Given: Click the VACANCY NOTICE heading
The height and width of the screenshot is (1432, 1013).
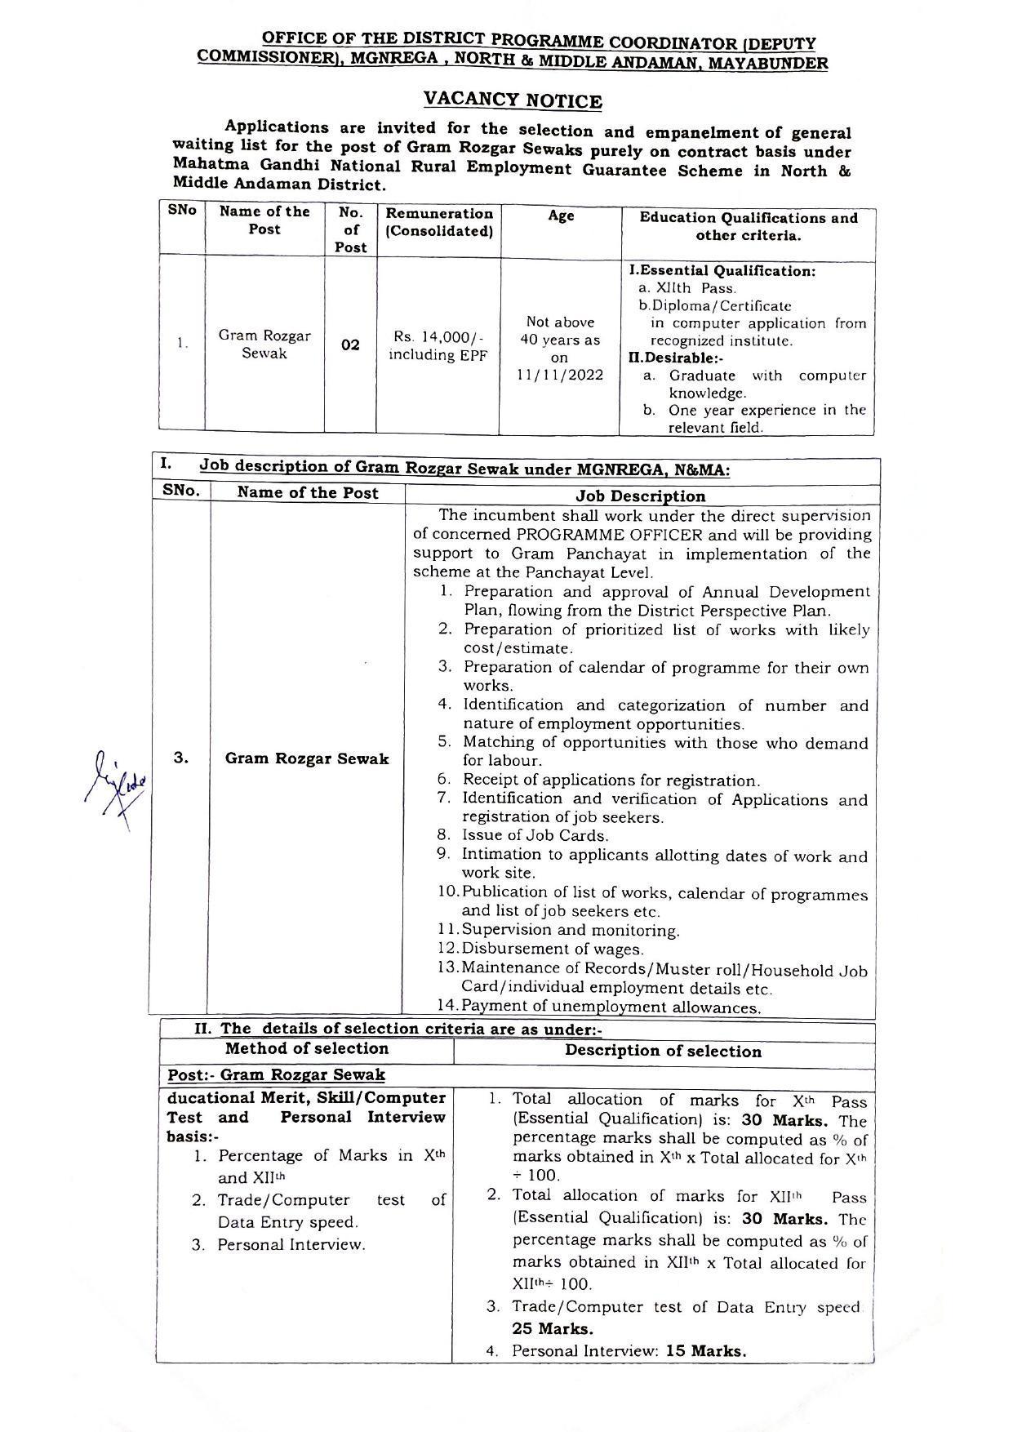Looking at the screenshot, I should click(513, 100).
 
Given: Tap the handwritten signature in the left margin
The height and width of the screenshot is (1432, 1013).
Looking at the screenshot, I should click(117, 787).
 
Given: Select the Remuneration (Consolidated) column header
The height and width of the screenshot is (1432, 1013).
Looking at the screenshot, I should click(439, 222).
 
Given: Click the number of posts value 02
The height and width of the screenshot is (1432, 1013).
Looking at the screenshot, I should click(350, 345).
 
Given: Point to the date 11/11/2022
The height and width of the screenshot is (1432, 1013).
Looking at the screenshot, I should click(560, 376).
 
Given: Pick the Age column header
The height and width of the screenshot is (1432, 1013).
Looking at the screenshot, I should click(561, 216).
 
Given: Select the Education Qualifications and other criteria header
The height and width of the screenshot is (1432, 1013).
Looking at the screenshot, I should click(748, 226).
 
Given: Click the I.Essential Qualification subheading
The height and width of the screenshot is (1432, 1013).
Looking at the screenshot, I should click(722, 270).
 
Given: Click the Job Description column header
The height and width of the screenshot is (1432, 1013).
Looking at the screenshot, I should click(641, 496).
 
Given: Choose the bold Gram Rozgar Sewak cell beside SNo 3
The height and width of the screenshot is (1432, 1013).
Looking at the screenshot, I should click(307, 758).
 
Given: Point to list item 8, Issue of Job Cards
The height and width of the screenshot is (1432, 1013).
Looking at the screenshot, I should click(535, 835).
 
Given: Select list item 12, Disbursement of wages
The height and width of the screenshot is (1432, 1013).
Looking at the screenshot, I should click(552, 949).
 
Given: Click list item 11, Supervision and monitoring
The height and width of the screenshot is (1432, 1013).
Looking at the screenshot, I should click(570, 930).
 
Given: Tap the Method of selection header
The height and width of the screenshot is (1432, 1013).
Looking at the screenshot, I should click(307, 1049).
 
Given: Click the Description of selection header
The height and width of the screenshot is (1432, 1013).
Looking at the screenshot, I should click(663, 1051).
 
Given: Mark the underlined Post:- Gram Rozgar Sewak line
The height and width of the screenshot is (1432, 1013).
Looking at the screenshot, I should click(276, 1075).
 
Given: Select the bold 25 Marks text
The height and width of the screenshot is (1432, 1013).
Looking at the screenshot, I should click(553, 1328).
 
